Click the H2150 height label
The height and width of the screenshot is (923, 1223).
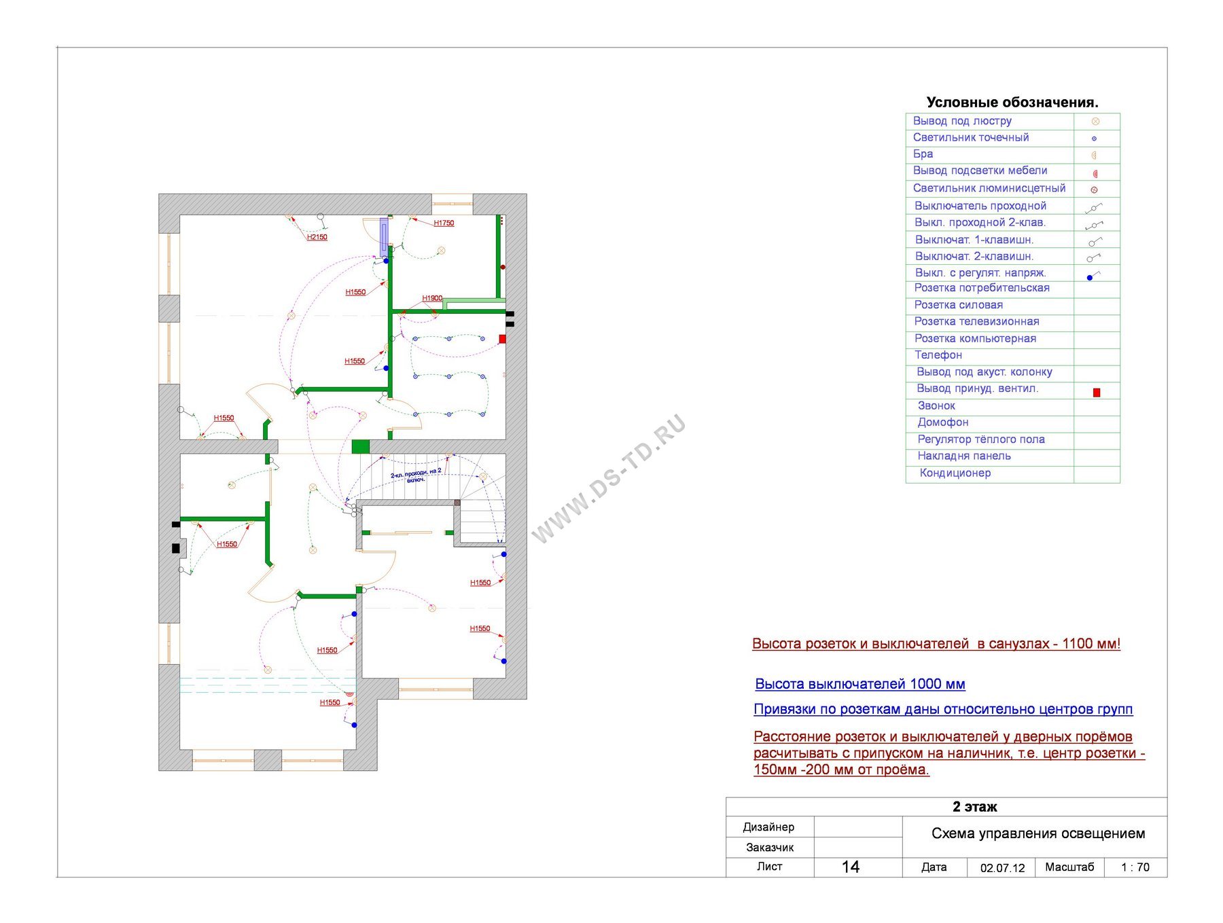(317, 238)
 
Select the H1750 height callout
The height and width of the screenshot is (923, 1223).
(444, 223)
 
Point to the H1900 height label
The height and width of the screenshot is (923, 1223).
(432, 298)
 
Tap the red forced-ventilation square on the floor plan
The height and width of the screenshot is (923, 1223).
(502, 339)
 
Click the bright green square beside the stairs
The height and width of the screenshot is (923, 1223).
(360, 447)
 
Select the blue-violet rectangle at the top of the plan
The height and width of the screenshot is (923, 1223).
(384, 236)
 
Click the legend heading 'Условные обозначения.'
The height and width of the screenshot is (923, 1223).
(1012, 103)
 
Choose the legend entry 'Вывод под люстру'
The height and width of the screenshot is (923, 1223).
(962, 121)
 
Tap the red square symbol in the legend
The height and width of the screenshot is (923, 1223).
(1096, 393)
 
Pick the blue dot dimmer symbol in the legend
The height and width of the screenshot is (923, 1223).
(1090, 278)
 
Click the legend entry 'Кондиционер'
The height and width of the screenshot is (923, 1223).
(955, 473)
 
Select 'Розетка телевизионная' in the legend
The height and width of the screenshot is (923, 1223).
(976, 321)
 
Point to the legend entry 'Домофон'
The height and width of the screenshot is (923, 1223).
(942, 422)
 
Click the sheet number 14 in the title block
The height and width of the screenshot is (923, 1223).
(851, 867)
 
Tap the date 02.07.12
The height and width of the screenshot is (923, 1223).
(1002, 868)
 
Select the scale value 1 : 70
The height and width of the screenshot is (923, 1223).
(1135, 867)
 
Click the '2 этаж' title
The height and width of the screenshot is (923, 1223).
(974, 807)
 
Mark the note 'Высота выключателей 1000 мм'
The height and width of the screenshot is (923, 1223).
(860, 684)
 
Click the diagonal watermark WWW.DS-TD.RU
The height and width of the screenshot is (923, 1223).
(608, 479)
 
